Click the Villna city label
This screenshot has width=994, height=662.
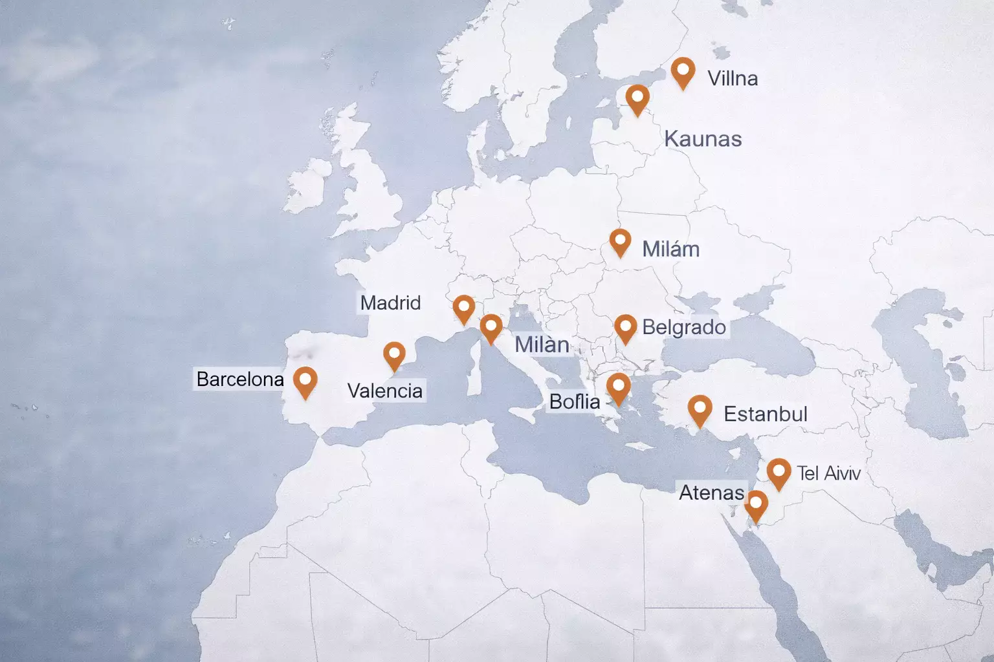[733, 78]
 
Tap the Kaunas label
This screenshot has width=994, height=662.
[703, 139]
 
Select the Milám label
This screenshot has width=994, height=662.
[670, 249]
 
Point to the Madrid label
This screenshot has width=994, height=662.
[390, 303]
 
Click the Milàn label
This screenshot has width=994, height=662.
[542, 345]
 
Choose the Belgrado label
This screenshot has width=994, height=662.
[683, 327]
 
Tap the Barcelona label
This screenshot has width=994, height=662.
[240, 379]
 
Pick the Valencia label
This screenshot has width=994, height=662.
[385, 390]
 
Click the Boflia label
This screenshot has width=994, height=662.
[575, 401]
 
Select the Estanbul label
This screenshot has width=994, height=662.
[765, 414]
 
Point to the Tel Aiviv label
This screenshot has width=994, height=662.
[828, 473]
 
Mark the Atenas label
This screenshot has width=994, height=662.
[711, 493]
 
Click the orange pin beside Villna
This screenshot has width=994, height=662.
[683, 71]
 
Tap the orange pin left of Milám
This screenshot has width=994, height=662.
[620, 242]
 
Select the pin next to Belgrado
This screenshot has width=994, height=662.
[625, 328]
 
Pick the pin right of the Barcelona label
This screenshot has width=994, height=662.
[305, 381]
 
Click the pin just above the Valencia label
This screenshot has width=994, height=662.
[394, 356]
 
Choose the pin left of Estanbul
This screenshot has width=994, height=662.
[700, 409]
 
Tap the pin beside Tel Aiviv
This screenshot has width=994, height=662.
[779, 473]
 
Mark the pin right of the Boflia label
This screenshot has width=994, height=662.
[618, 388]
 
